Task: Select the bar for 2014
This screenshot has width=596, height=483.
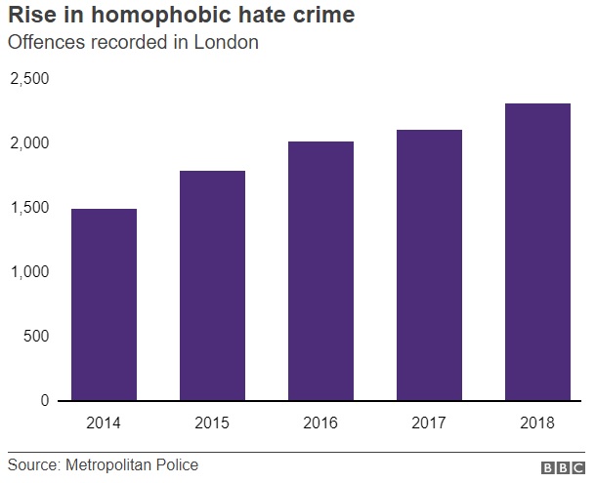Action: [104, 304]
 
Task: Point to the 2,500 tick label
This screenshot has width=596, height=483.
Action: [29, 78]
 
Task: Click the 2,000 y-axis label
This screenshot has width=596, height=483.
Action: [29, 143]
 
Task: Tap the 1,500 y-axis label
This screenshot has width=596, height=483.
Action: [29, 208]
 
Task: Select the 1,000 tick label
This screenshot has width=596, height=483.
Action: [29, 272]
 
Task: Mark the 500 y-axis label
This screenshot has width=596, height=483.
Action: [35, 337]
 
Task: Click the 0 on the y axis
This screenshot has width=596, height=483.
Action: [44, 401]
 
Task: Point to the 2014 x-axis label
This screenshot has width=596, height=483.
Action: [104, 423]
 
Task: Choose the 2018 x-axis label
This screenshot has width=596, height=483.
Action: [537, 423]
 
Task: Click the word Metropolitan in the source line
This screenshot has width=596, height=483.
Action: [109, 464]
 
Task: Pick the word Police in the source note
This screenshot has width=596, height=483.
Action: [177, 464]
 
